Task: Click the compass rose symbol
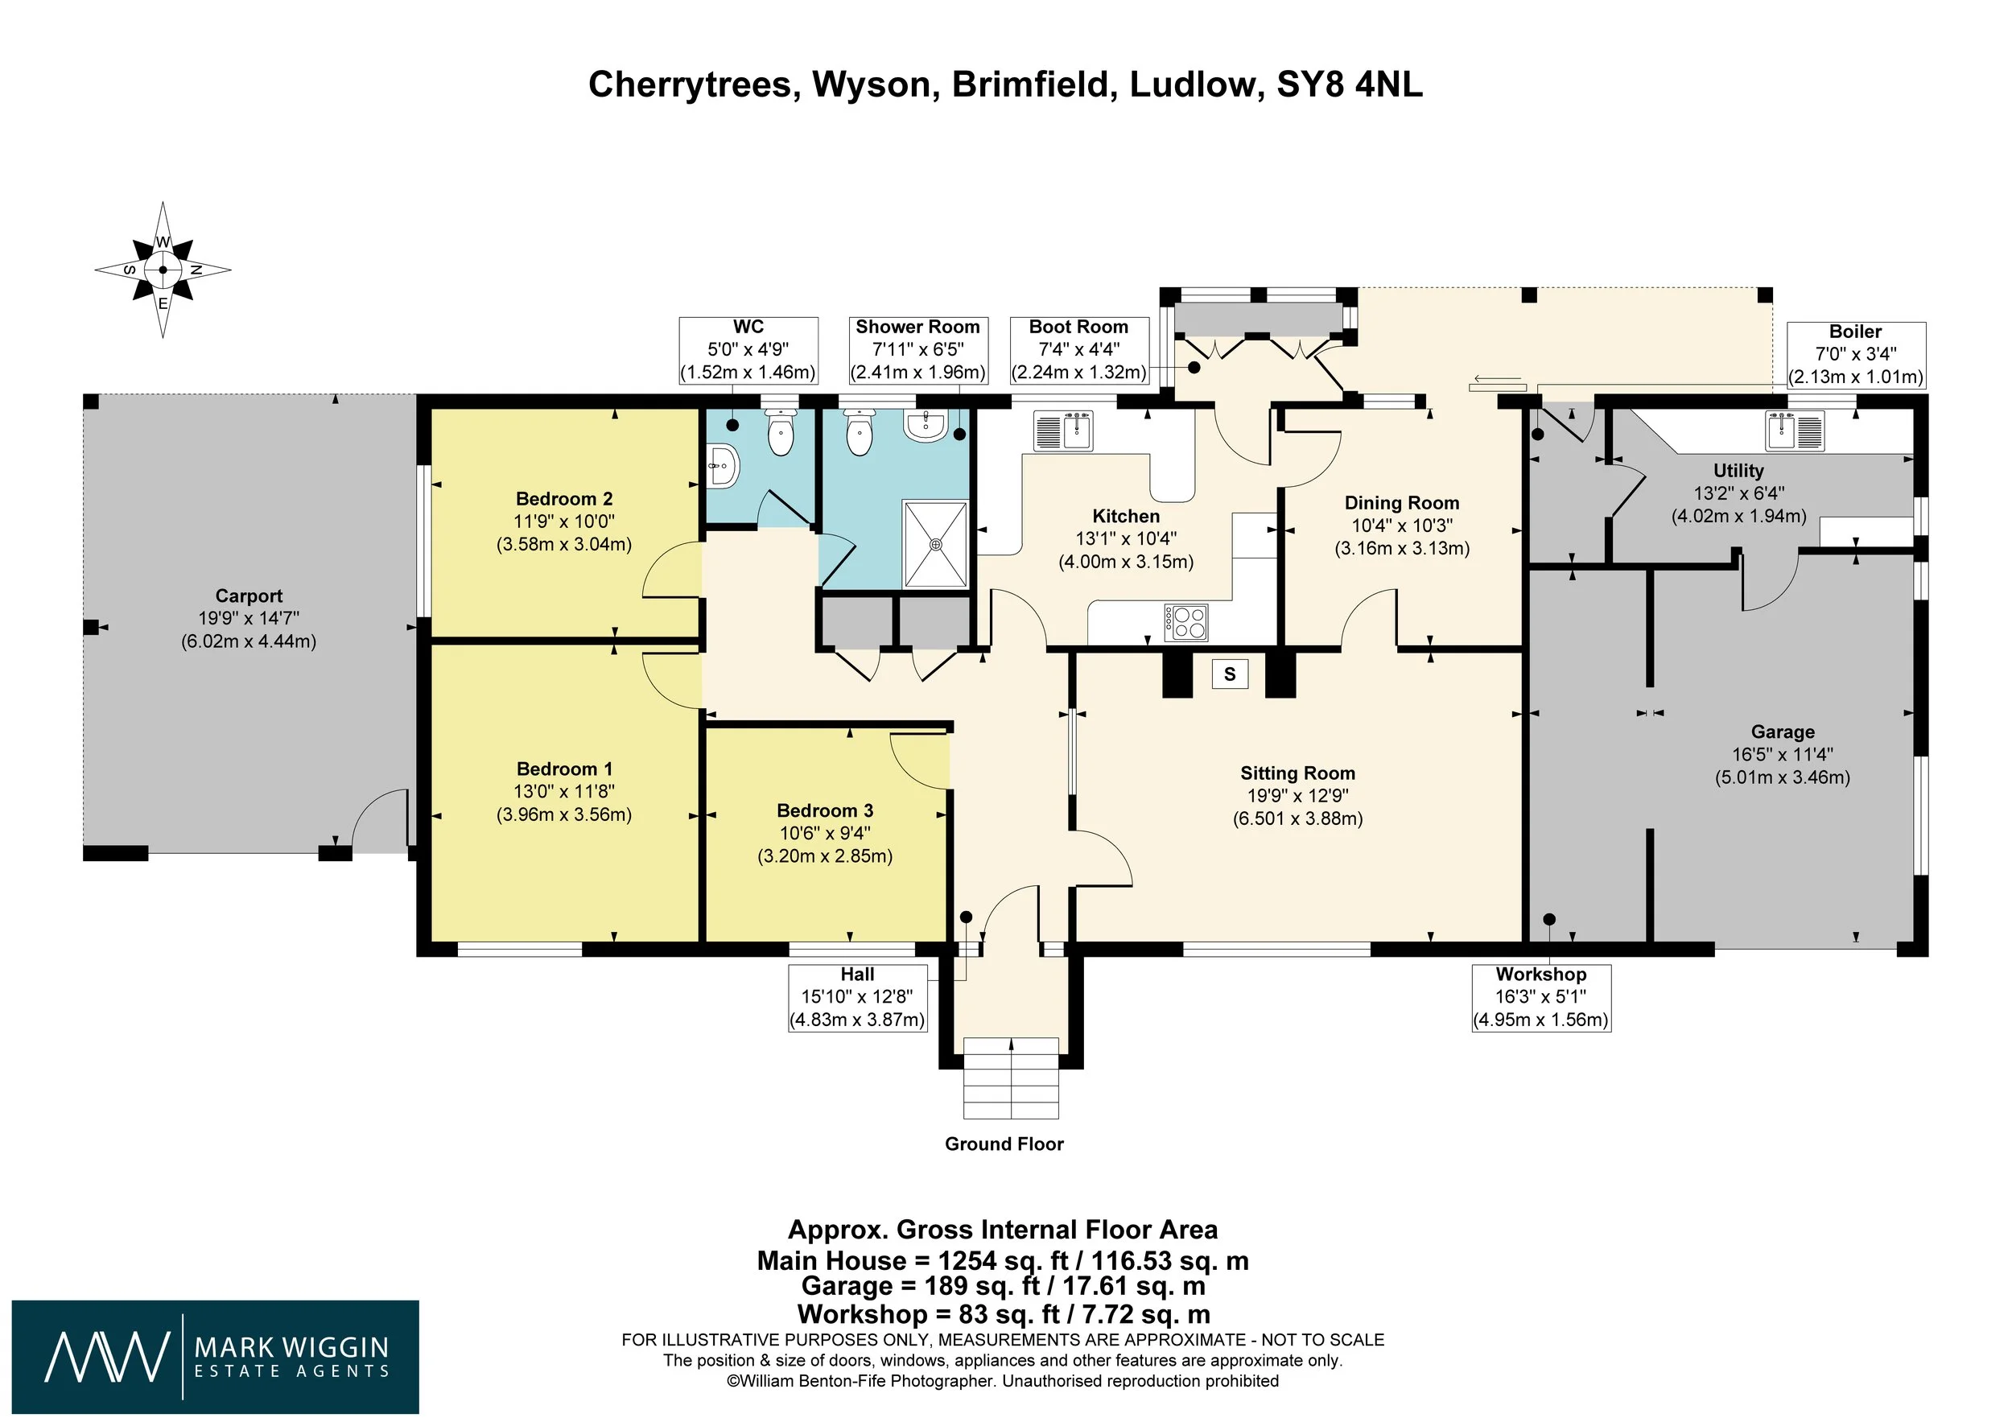(163, 270)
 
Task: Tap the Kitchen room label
(1126, 516)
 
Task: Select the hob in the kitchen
(1185, 623)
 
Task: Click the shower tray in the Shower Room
(936, 544)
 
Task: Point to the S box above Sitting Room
(1230, 674)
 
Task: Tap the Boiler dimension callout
(1856, 355)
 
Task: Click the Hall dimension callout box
(858, 998)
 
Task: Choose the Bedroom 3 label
(826, 810)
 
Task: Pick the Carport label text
(249, 596)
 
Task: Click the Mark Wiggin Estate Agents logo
(216, 1356)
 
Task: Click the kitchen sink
(1063, 431)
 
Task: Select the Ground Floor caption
(1004, 1144)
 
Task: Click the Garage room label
(1783, 732)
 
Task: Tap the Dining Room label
(1402, 503)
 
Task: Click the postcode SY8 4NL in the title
(1350, 85)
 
